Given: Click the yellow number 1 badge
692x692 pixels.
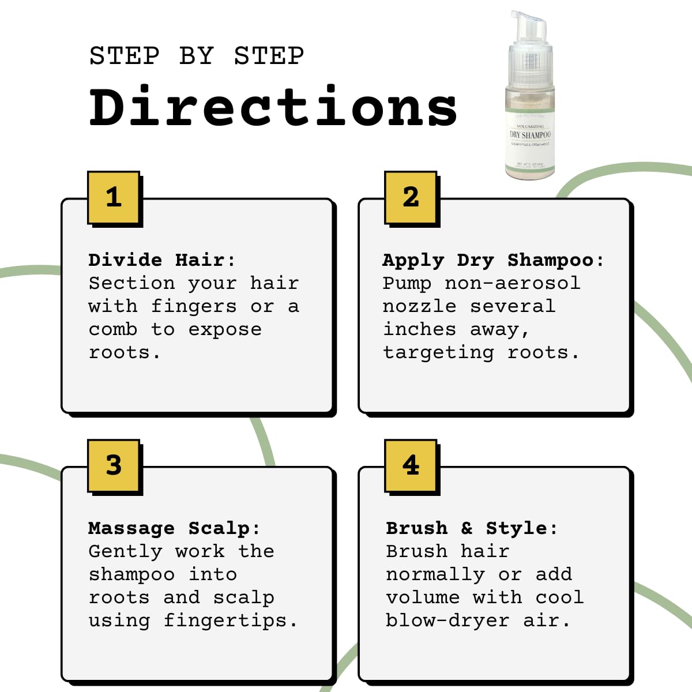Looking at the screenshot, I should [x=114, y=197].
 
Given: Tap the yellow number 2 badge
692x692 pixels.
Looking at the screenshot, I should [x=411, y=197].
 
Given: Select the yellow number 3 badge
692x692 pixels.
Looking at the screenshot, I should [x=114, y=465].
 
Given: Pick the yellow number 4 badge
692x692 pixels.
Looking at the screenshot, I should [x=411, y=465].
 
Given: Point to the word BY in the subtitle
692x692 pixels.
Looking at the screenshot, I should [x=197, y=57].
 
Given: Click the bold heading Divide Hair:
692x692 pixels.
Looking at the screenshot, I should [x=162, y=260].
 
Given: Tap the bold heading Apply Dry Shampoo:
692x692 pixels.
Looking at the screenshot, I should [x=493, y=261].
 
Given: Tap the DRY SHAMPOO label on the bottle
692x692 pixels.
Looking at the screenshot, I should [x=530, y=134].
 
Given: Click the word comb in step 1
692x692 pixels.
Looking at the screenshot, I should [x=113, y=329].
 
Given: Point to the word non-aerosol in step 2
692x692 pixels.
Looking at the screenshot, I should [x=512, y=283].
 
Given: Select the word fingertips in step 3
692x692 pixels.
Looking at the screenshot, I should [x=231, y=621].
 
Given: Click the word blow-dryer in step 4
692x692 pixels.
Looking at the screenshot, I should [x=447, y=621].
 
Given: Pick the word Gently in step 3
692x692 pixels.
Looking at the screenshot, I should [x=125, y=552].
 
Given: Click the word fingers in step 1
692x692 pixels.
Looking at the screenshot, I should [x=194, y=307].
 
